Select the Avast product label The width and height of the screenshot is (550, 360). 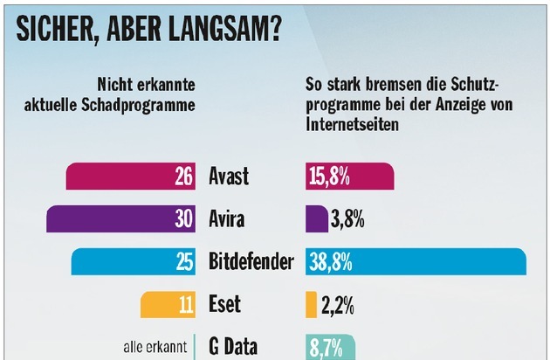tap(229, 177)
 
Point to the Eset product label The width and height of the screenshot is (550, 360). tap(224, 305)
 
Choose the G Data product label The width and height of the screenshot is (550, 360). tap(234, 347)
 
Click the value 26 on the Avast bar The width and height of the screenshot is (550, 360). tap(183, 177)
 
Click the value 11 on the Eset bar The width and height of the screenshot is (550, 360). tap(183, 305)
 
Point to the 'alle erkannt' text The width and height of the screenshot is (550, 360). tap(155, 348)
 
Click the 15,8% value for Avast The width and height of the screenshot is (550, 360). tap(329, 177)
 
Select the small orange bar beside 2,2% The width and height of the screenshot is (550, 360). tap(311, 305)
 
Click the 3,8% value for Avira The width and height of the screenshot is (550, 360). tap(347, 219)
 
